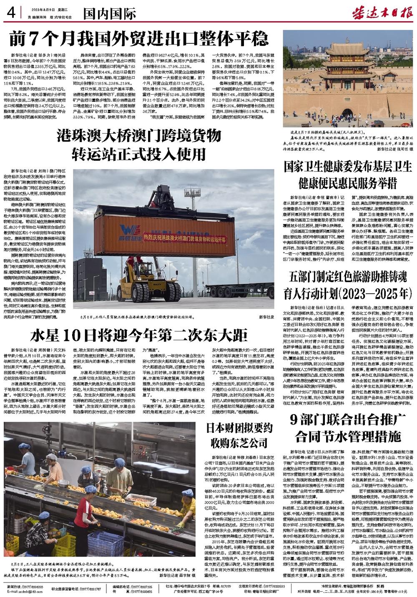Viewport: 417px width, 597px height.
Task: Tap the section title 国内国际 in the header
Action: click(x=109, y=14)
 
